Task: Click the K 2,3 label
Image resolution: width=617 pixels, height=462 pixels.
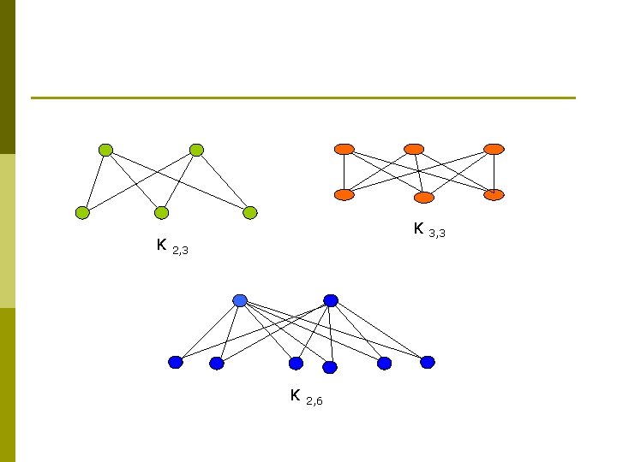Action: tap(171, 248)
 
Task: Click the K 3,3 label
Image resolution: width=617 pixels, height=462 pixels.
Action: tap(428, 229)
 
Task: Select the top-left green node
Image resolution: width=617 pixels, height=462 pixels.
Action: tap(105, 150)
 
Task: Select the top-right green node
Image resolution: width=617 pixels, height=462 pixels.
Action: tap(196, 150)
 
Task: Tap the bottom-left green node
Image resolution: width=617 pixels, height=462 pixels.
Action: tap(82, 212)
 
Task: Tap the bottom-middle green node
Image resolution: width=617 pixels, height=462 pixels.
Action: tap(161, 212)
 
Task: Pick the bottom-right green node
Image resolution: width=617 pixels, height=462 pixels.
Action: tap(249, 212)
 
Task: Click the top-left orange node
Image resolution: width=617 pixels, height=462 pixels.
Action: tap(344, 149)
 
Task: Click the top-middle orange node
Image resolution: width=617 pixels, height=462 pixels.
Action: tap(414, 149)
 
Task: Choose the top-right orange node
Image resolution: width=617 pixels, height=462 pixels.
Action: tap(494, 149)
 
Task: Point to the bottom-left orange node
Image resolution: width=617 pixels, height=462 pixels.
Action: tap(344, 194)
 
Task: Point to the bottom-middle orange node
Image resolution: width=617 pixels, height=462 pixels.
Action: tap(424, 198)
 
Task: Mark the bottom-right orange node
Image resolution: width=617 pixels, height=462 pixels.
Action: tap(494, 194)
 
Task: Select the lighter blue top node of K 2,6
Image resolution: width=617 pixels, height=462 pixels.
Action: tap(240, 300)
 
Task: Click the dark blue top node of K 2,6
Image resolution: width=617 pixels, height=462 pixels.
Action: tap(331, 300)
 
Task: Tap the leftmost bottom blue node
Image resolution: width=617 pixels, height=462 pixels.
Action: tap(176, 362)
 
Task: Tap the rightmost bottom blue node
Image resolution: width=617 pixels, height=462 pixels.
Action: tap(428, 362)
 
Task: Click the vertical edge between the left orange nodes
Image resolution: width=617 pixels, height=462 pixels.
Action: tap(344, 171)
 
